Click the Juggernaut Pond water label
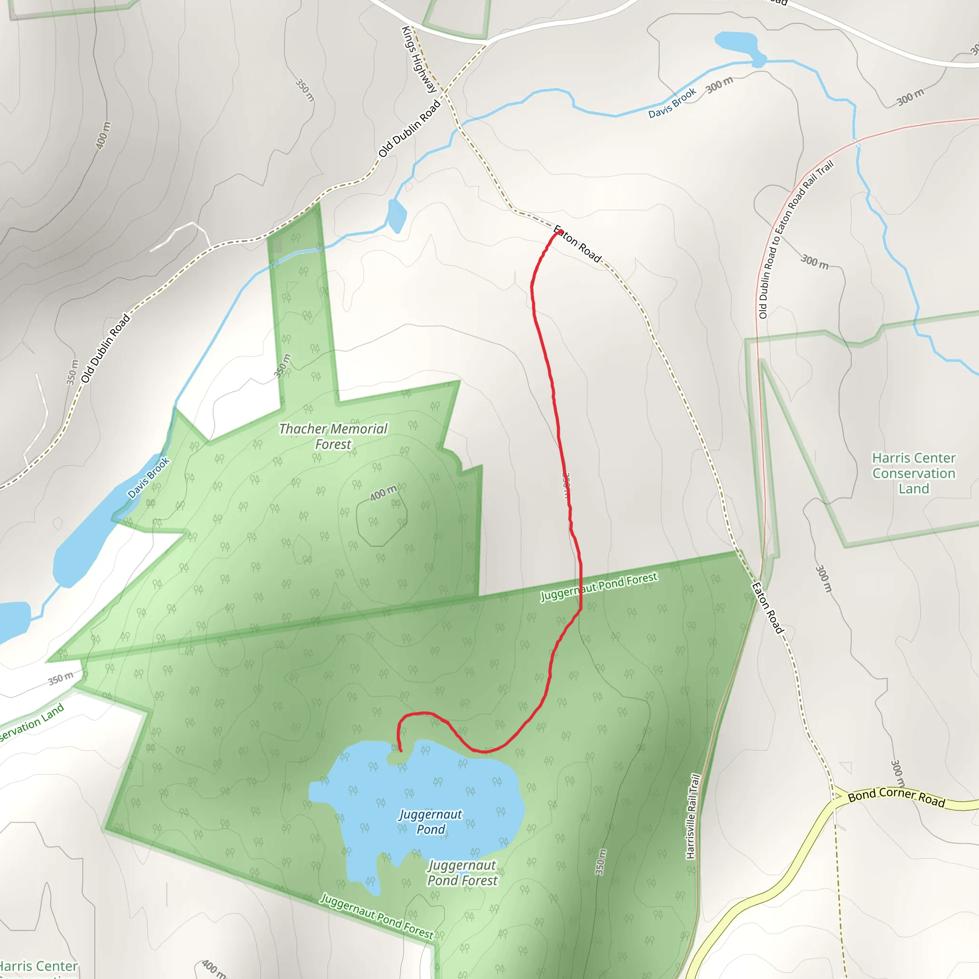coord(430,821)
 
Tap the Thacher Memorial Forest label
coord(333,436)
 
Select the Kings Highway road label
coord(419,60)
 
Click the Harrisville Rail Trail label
coord(693,816)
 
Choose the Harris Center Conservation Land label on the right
coord(914,473)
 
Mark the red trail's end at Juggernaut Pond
coord(400,751)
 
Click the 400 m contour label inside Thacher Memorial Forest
coord(383,493)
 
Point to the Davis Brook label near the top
coord(672,103)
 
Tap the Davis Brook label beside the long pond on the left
coord(149,478)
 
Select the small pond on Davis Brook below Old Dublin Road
coord(396,216)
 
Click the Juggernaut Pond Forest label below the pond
coord(462,872)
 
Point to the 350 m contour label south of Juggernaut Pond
coord(600,862)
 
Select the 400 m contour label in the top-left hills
coord(102,135)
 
